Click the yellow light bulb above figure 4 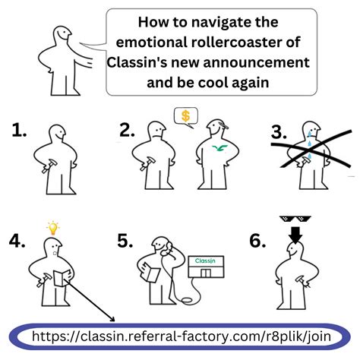53,228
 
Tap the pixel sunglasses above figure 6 295,219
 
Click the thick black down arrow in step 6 295,235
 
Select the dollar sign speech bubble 186,118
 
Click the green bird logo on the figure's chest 219,148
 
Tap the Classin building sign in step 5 205,261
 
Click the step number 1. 19,131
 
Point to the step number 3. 279,132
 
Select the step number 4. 17,241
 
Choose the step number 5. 125,241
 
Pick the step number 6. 257,241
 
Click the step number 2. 127,131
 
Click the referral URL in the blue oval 182,336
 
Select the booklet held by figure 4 62,278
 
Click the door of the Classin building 206,273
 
